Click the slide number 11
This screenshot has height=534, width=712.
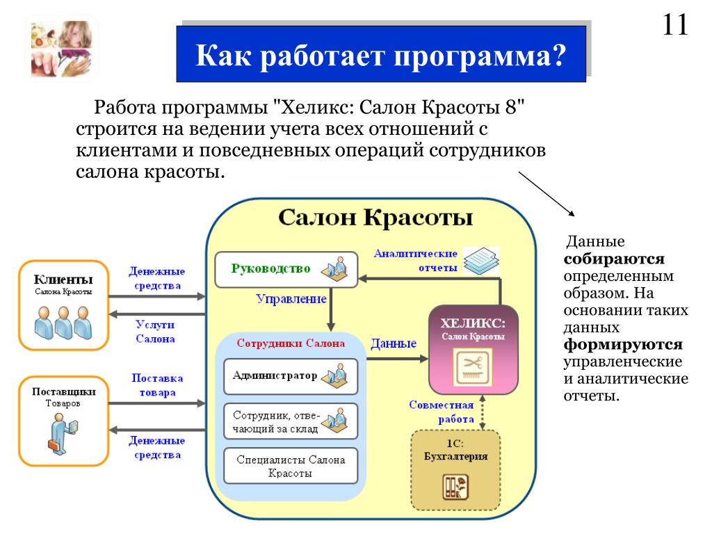pyautogui.click(x=675, y=26)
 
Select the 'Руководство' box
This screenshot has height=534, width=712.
pyautogui.click(x=282, y=269)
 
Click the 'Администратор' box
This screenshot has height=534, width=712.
pyautogui.click(x=290, y=376)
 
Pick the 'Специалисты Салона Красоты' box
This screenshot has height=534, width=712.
pyautogui.click(x=290, y=466)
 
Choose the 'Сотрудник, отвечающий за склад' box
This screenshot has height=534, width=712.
pyautogui.click(x=290, y=421)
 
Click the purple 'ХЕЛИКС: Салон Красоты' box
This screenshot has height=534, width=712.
pyautogui.click(x=473, y=349)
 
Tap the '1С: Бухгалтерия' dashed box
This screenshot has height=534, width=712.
pyautogui.click(x=455, y=471)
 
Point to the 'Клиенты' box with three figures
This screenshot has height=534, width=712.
pyautogui.click(x=63, y=305)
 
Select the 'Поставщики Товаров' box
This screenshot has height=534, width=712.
pyautogui.click(x=63, y=421)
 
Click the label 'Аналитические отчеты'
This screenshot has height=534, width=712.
pyautogui.click(x=415, y=261)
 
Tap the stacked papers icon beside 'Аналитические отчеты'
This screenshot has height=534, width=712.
pyautogui.click(x=481, y=261)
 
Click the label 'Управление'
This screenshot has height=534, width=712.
pyautogui.click(x=291, y=299)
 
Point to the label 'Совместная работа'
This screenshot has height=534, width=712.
pyautogui.click(x=442, y=412)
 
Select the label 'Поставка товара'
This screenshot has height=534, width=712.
pyautogui.click(x=157, y=385)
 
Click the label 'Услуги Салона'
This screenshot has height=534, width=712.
pyautogui.click(x=155, y=332)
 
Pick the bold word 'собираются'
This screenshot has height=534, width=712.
pyautogui.click(x=614, y=259)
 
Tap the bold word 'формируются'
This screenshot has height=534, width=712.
pyautogui.click(x=623, y=345)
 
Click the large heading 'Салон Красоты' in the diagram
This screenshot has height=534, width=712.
pyautogui.click(x=375, y=218)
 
